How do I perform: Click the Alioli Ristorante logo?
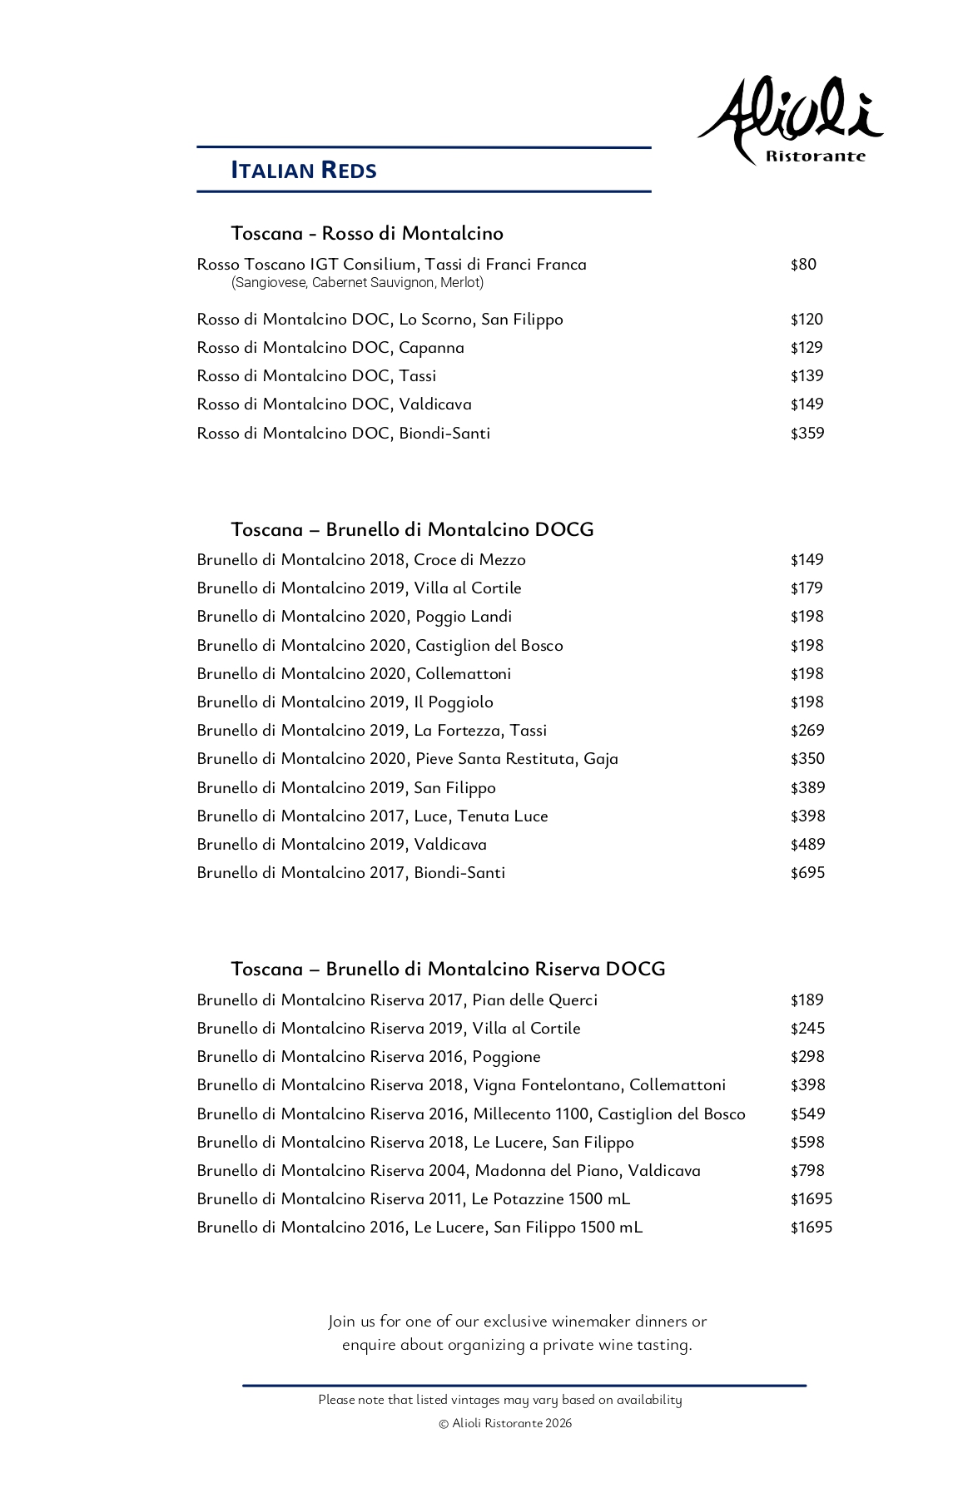(x=791, y=121)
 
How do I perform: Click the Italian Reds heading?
(x=304, y=170)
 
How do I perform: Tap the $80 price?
(x=803, y=265)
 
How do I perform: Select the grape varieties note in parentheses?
(x=358, y=283)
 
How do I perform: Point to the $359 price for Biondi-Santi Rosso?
(x=807, y=434)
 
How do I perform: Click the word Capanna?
(x=431, y=348)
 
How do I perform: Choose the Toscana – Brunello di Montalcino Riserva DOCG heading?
(x=448, y=969)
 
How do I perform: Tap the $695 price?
(x=807, y=873)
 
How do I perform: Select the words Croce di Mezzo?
(x=469, y=560)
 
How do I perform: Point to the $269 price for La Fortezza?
(x=807, y=731)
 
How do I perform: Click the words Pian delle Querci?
(x=534, y=1000)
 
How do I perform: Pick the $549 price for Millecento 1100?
(x=807, y=1114)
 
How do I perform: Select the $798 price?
(x=807, y=1171)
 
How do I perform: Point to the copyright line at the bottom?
(x=505, y=1423)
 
